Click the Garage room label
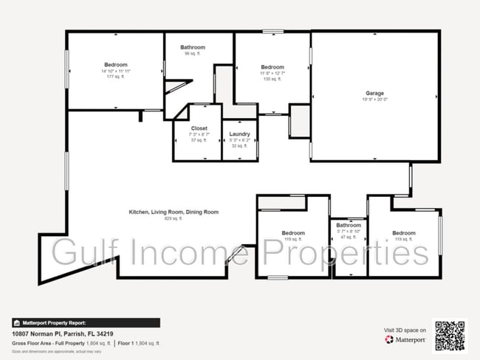coord(374,94)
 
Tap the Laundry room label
coord(239,134)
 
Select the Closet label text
coord(199,128)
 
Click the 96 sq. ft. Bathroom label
coord(193,47)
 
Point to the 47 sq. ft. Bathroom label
coord(349,225)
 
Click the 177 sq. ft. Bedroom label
coord(115,64)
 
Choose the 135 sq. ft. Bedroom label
coord(272,67)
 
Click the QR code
coord(450,334)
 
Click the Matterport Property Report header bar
coord(86,323)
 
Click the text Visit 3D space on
coord(405,329)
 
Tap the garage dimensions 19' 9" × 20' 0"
coord(374,100)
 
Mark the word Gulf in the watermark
coord(80,253)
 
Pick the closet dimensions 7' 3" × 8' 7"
coord(199,134)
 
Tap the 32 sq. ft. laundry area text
coord(239,146)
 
